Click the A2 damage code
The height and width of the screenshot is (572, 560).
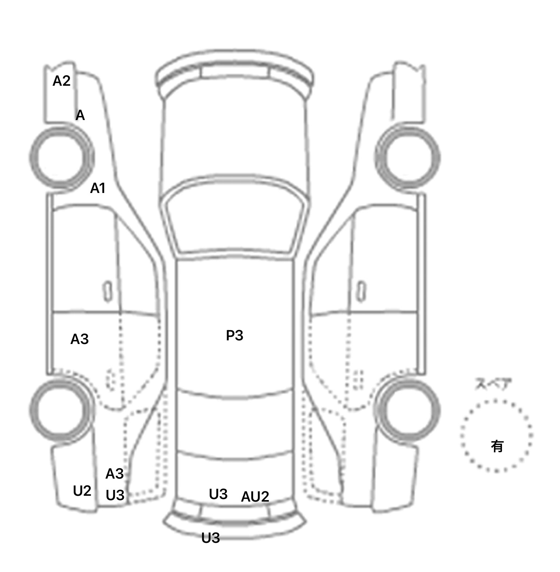click(x=61, y=81)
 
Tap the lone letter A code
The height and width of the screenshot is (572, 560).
click(x=80, y=116)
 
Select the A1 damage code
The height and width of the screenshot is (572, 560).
click(x=98, y=189)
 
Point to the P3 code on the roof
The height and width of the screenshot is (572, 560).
click(x=234, y=336)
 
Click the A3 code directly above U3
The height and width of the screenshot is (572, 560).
click(x=114, y=474)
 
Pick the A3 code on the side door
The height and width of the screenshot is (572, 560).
click(x=79, y=339)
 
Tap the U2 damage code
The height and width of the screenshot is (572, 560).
click(x=82, y=491)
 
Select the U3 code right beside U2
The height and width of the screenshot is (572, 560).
click(x=115, y=495)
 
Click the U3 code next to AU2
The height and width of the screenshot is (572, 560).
click(x=218, y=494)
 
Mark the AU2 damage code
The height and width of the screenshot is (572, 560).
click(x=255, y=496)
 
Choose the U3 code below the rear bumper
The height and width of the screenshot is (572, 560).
click(x=210, y=538)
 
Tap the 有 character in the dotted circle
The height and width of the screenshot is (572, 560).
click(x=497, y=446)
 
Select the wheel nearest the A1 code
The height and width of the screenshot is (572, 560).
click(x=61, y=158)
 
